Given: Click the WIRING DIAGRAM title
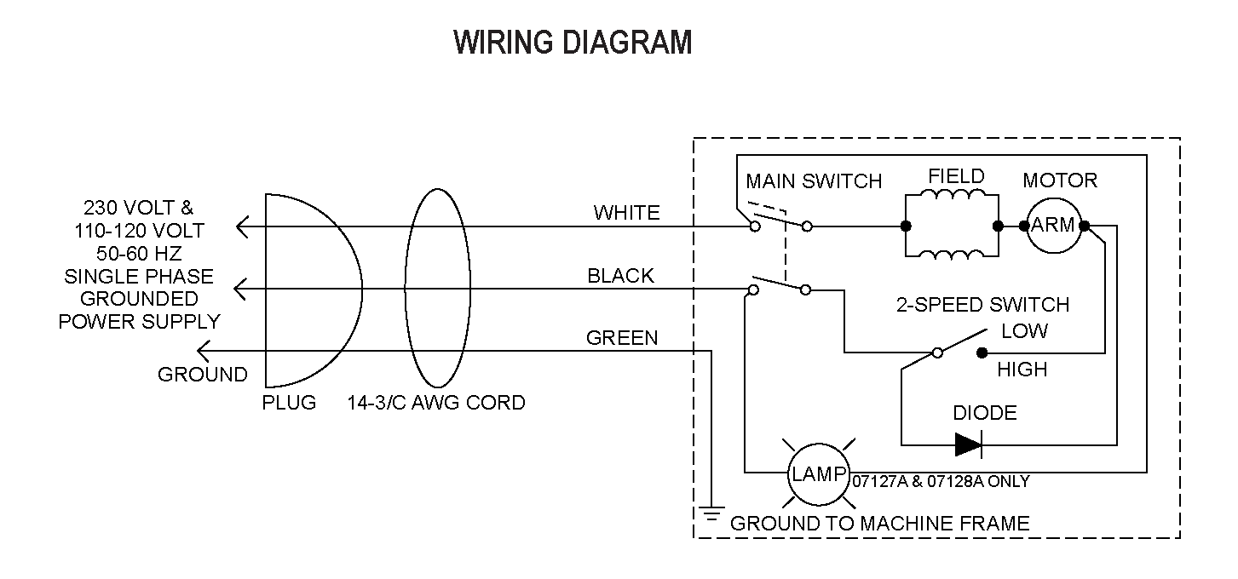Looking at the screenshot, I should [572, 43].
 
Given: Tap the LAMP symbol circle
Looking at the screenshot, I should [818, 474].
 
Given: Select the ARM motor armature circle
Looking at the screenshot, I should [1053, 226].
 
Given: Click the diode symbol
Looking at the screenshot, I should [968, 444].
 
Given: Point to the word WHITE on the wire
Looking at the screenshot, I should [626, 213].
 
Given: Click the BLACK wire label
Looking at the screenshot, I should [620, 276].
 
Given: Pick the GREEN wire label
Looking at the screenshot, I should [622, 338].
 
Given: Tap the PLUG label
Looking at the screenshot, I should [289, 402].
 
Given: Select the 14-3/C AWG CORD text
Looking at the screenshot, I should [436, 402].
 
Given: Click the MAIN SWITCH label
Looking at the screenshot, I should [814, 181].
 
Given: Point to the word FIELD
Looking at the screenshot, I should [956, 177].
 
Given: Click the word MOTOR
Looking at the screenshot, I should [1060, 181].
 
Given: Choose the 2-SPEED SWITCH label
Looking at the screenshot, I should [982, 305].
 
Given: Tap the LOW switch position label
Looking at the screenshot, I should [1025, 330].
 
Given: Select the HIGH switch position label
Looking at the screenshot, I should [1022, 370].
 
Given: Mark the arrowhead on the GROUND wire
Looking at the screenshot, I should [204, 351].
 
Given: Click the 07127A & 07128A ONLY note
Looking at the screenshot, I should [941, 482].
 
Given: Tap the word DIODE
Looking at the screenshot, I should [985, 413].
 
